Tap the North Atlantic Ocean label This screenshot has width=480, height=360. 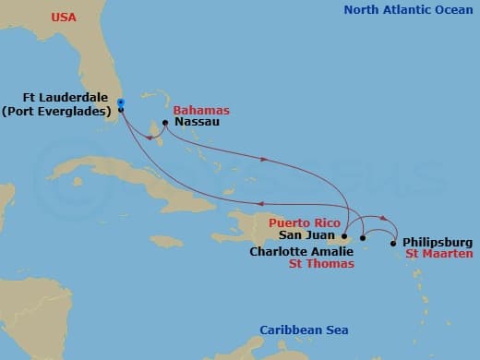(x=406, y=10)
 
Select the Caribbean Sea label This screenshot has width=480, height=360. (x=304, y=330)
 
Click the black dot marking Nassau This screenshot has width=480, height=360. (x=164, y=122)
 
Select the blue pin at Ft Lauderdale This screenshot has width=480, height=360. (x=121, y=103)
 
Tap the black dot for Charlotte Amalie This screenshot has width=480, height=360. (x=363, y=238)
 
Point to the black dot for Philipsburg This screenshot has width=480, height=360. (x=394, y=244)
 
